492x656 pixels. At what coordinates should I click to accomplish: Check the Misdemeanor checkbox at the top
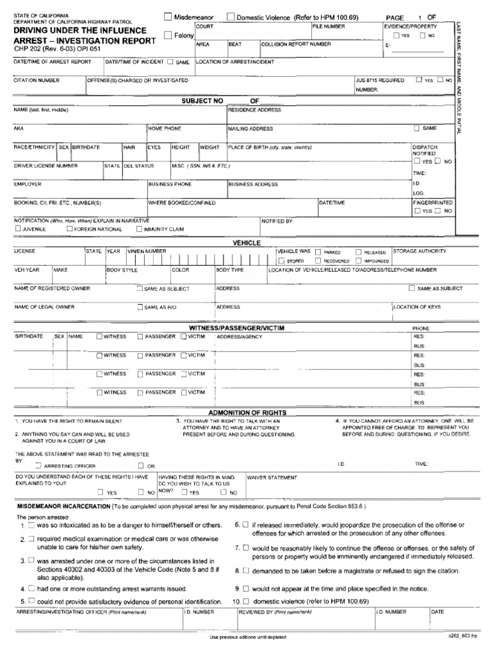168,17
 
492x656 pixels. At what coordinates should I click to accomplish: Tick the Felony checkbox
168,36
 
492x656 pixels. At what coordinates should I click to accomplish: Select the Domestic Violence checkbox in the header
231,17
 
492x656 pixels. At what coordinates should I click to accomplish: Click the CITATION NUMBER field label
37,81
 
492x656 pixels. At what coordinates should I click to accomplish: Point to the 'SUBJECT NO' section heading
202,101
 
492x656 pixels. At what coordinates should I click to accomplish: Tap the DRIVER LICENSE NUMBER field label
45,165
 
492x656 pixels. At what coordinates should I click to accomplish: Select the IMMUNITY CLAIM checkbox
139,229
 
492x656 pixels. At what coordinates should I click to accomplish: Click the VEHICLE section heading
246,243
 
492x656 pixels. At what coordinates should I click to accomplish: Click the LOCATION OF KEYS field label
417,307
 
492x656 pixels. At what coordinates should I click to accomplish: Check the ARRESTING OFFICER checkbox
39,466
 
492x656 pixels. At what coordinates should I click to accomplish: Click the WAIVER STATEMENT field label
272,477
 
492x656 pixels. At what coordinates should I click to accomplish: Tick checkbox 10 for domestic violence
245,602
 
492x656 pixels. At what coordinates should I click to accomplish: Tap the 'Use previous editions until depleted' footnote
248,637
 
